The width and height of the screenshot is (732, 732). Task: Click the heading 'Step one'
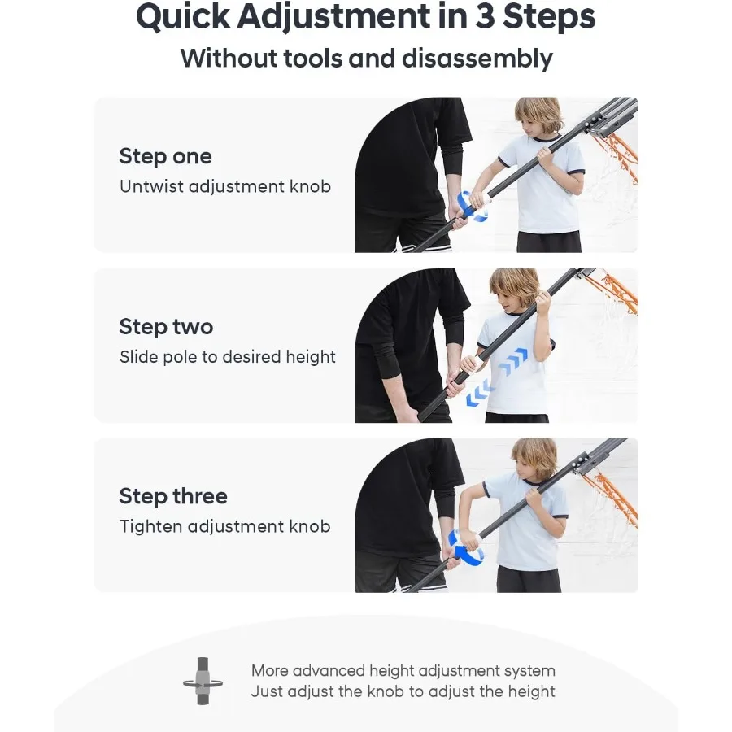point(165,156)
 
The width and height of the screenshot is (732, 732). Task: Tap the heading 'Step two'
point(166,326)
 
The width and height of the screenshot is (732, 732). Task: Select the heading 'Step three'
point(173,496)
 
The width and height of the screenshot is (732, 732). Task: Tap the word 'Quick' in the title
point(183,17)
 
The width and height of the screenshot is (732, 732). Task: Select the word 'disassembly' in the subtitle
point(477,59)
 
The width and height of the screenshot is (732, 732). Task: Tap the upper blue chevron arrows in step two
point(512,362)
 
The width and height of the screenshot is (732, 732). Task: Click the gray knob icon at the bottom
point(203,681)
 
